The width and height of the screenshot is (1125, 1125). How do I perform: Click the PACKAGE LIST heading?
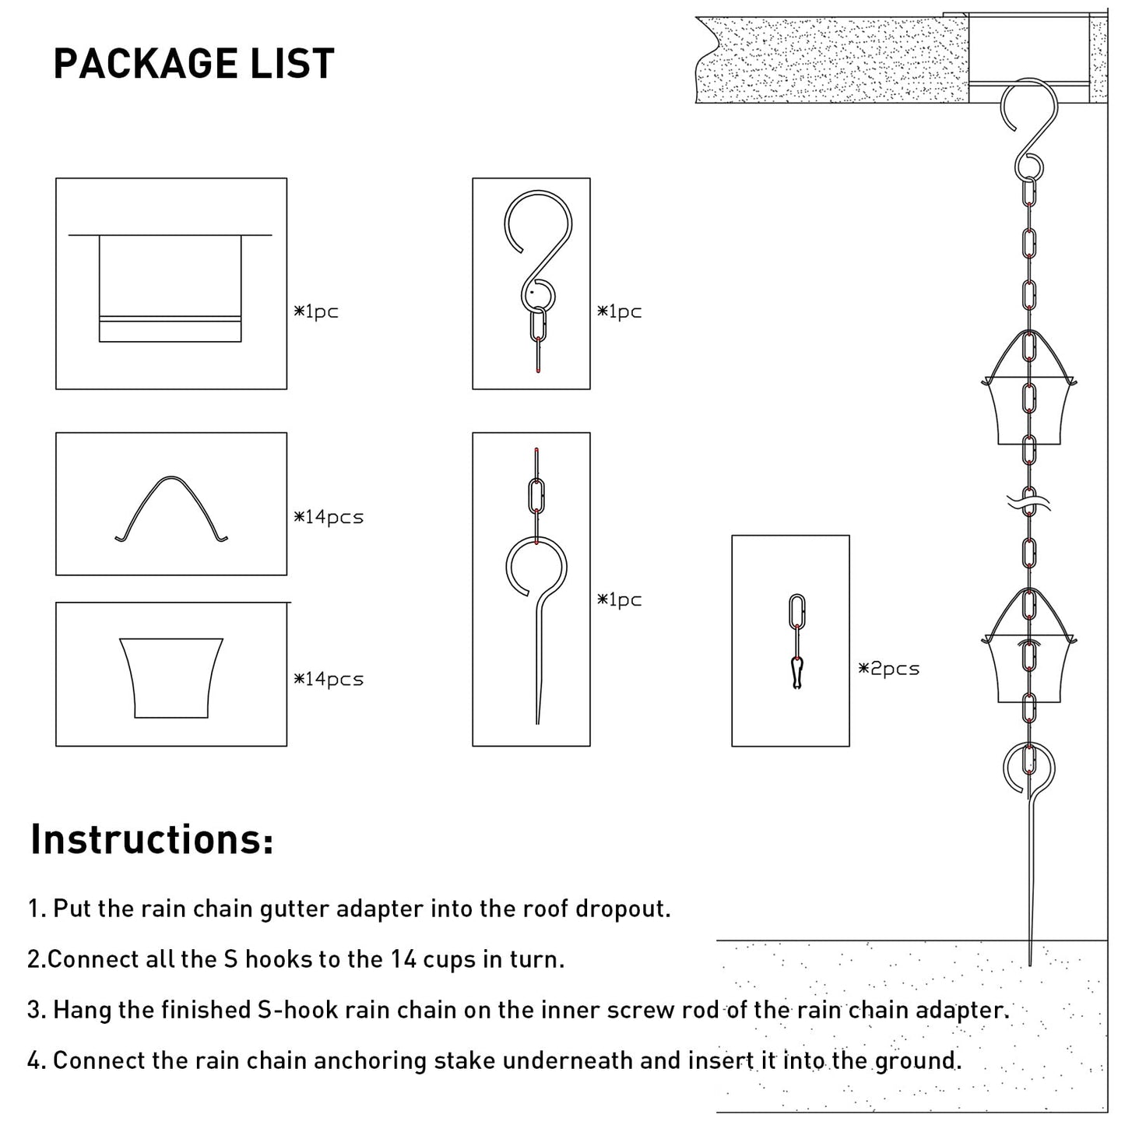point(193,64)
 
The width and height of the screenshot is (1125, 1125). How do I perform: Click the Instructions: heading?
point(152,839)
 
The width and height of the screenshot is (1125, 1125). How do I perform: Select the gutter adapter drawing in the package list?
point(171,288)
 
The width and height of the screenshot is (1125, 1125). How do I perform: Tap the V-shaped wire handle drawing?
point(171,508)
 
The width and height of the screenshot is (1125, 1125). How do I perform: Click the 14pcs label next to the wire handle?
point(329,517)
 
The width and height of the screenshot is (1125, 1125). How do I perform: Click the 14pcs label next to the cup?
point(329,679)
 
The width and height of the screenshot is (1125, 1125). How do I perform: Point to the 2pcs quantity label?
point(889,669)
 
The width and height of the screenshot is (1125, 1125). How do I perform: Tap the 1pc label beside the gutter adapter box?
point(316,311)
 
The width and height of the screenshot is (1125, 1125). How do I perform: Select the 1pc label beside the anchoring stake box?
point(620,599)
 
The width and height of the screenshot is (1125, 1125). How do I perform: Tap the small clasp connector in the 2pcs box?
point(796,673)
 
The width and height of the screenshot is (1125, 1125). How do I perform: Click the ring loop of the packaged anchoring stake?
point(536,572)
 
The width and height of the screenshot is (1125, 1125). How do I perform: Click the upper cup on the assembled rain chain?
point(1029,409)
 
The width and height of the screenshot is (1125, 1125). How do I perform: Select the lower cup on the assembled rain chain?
point(1029,667)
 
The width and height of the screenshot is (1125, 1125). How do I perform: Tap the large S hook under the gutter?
point(1030,125)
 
